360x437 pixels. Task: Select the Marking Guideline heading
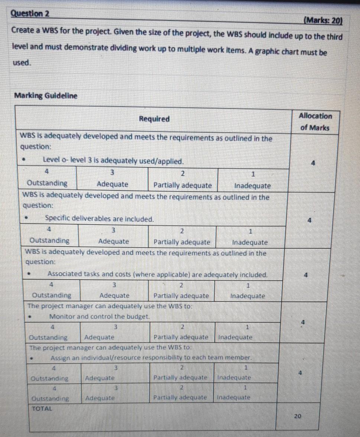point(46,96)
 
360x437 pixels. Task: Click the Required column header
point(154,119)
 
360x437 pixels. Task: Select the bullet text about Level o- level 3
point(113,161)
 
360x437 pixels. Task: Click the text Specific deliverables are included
point(99,219)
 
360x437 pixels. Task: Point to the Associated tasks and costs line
point(157,275)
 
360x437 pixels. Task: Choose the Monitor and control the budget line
point(100,317)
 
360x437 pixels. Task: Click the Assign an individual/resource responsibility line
point(152,358)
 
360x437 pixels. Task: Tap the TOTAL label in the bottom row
point(42,407)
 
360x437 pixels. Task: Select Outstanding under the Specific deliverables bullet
point(49,241)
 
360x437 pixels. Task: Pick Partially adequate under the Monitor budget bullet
point(181,337)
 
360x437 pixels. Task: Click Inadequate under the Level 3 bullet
point(253,185)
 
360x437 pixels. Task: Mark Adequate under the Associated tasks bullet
point(114,296)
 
